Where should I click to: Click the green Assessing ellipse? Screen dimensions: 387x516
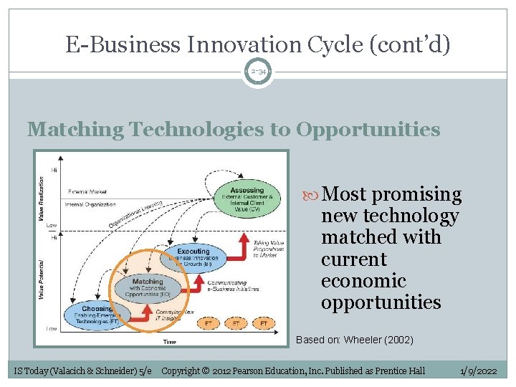(246, 197)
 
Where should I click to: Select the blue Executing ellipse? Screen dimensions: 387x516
(193, 257)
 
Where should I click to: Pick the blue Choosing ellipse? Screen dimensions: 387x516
(97, 313)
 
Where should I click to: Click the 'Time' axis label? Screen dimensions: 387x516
(169, 342)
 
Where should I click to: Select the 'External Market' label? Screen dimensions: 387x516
(88, 191)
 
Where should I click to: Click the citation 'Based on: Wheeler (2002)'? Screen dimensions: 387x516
(354, 340)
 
